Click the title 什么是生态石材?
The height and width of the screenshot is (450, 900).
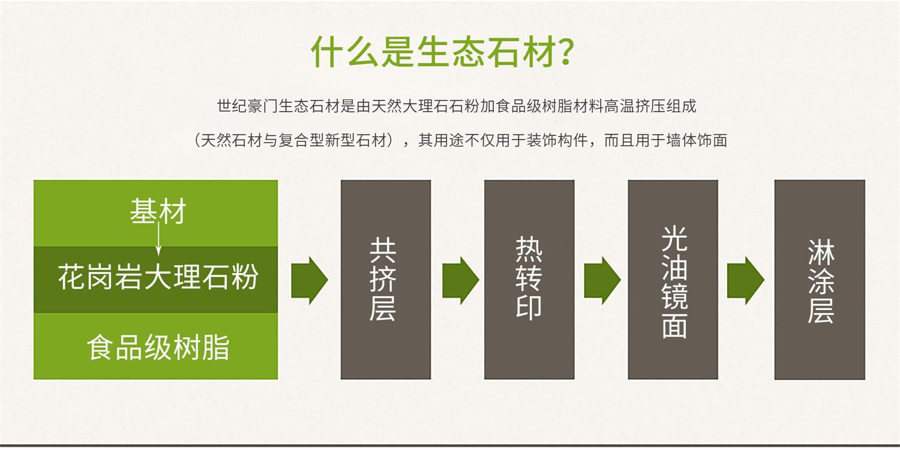[x=442, y=52]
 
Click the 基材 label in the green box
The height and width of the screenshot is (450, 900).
[x=157, y=211]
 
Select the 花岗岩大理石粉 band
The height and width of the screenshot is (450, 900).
[x=156, y=279]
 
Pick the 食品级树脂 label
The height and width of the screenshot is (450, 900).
[x=158, y=347]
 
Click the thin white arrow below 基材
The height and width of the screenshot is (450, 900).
[x=158, y=239]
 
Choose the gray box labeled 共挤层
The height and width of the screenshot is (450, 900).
[x=386, y=279]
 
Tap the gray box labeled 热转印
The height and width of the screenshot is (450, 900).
[x=529, y=279]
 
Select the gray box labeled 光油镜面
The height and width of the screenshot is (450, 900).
[x=673, y=279]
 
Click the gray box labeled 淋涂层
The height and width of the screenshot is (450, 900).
[x=820, y=279]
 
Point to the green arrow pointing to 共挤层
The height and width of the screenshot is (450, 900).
[x=310, y=281]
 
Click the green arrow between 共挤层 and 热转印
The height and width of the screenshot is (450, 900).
[x=460, y=281]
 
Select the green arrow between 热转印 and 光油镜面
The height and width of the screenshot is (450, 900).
[x=602, y=281]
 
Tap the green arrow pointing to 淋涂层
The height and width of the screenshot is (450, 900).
[x=746, y=281]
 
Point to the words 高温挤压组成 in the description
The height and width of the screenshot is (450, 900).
[x=650, y=106]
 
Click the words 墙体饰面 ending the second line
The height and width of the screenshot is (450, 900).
[x=696, y=141]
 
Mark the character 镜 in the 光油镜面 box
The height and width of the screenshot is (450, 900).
[x=674, y=297]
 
